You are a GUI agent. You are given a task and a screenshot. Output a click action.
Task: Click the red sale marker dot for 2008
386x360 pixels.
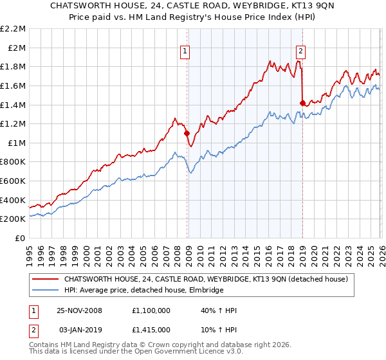(187, 134)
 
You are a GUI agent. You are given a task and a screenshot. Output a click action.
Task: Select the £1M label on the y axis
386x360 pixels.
(17, 143)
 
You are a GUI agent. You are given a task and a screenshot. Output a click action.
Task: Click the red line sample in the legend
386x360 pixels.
(45, 279)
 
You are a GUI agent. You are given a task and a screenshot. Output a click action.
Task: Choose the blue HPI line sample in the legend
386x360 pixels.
(45, 291)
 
